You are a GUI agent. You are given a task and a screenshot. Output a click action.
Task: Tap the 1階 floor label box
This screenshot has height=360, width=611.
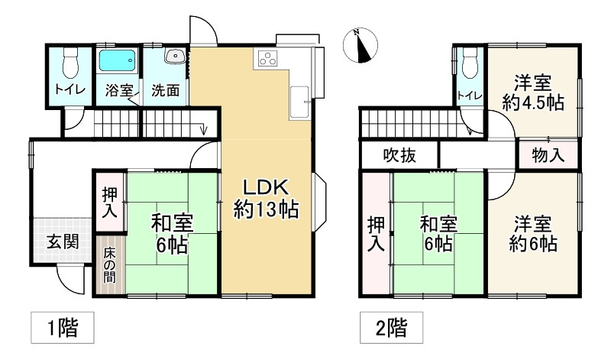(63, 329)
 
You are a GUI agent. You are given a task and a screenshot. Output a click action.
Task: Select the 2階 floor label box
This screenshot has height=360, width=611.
(392, 329)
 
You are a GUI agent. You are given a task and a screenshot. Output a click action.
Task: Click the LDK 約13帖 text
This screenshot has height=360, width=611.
(266, 197)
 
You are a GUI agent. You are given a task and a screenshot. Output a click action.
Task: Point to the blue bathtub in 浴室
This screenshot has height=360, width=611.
(117, 60)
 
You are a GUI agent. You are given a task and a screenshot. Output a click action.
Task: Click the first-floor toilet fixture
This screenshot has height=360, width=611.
(70, 59)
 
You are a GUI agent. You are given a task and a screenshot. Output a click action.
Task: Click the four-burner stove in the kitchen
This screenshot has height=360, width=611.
(270, 58)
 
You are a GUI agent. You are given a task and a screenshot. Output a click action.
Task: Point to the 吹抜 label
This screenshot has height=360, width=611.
(399, 156)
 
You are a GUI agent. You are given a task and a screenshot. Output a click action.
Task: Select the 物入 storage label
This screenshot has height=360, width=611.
(548, 156)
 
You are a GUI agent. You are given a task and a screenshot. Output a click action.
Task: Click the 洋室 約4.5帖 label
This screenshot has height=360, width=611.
(533, 92)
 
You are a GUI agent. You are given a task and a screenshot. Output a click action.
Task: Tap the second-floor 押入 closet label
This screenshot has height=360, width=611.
(375, 234)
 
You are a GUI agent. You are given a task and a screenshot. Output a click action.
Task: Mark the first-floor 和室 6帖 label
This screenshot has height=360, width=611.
(172, 234)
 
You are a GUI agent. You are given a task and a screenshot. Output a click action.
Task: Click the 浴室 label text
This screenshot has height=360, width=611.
(119, 89)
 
